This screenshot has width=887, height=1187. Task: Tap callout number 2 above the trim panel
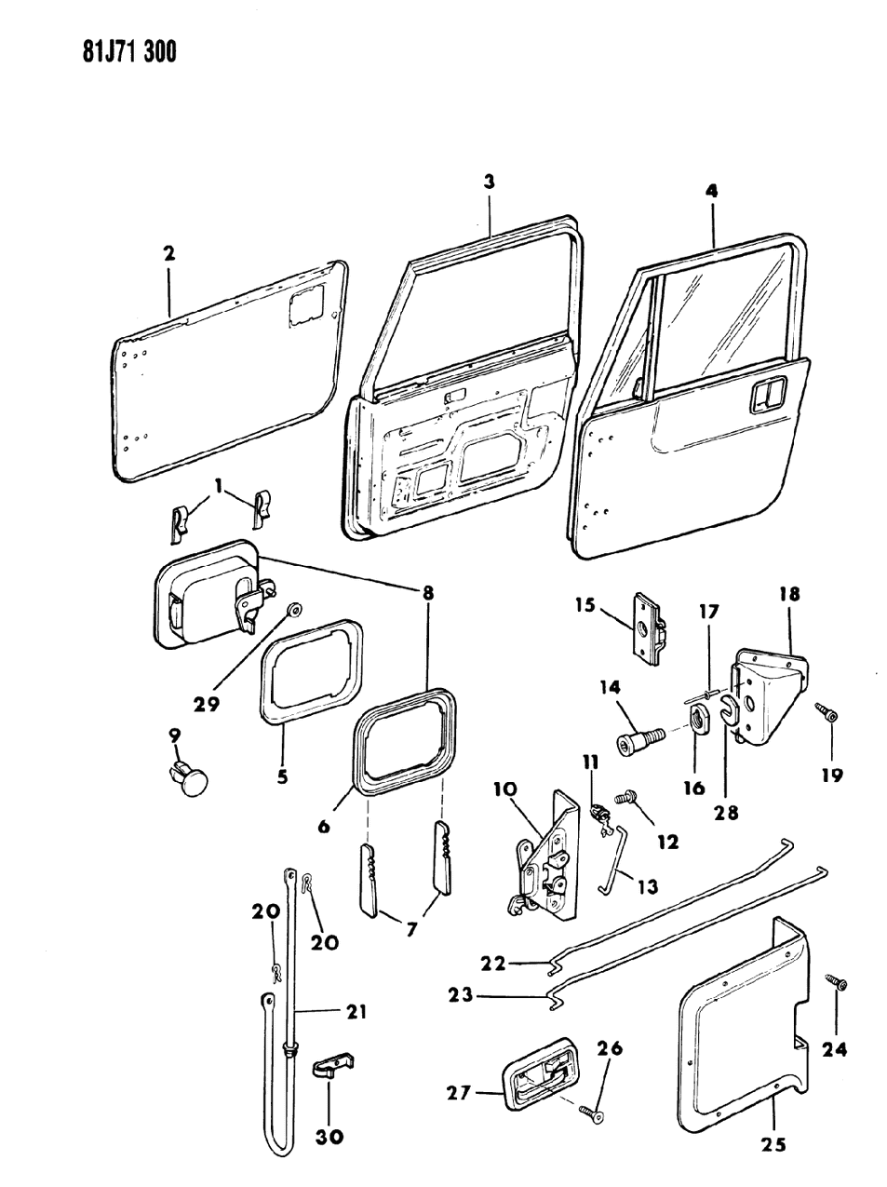point(168,253)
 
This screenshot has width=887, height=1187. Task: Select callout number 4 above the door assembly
point(712,192)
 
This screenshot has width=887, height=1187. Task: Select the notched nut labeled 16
point(704,719)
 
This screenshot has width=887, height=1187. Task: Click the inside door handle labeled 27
point(535,1081)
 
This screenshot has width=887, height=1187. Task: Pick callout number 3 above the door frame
point(489,182)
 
